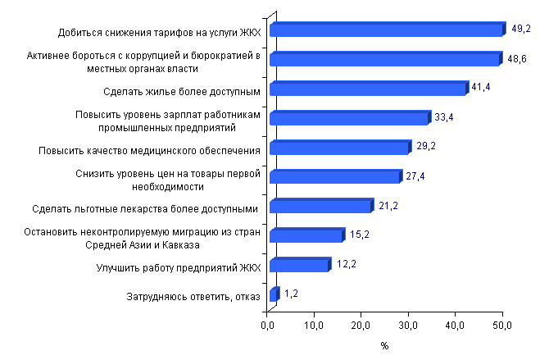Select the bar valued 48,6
pyautogui.click(x=383, y=60)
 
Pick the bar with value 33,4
pyautogui.click(x=348, y=118)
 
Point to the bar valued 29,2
pyautogui.click(x=338, y=148)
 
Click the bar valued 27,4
pyautogui.click(x=334, y=177)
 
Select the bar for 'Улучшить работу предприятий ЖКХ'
pyautogui.click(x=299, y=265)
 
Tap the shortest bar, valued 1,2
pyautogui.click(x=274, y=294)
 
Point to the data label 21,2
pyautogui.click(x=387, y=204)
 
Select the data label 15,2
pyautogui.click(x=359, y=234)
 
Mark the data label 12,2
pyautogui.click(x=345, y=263)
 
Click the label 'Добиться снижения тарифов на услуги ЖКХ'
pyautogui.click(x=158, y=33)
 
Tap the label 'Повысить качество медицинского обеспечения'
pyautogui.click(x=150, y=150)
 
